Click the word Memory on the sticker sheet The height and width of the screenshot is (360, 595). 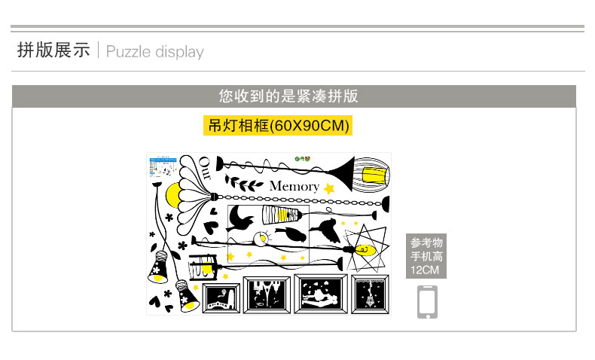click(294, 186)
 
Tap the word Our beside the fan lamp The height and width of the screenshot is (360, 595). click(204, 167)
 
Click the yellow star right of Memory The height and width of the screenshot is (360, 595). click(328, 188)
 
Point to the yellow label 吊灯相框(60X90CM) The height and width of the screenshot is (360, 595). click(279, 125)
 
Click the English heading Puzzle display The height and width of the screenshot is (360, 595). click(155, 52)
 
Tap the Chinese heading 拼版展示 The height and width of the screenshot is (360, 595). click(53, 50)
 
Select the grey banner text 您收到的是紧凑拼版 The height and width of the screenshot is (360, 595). click(288, 96)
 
